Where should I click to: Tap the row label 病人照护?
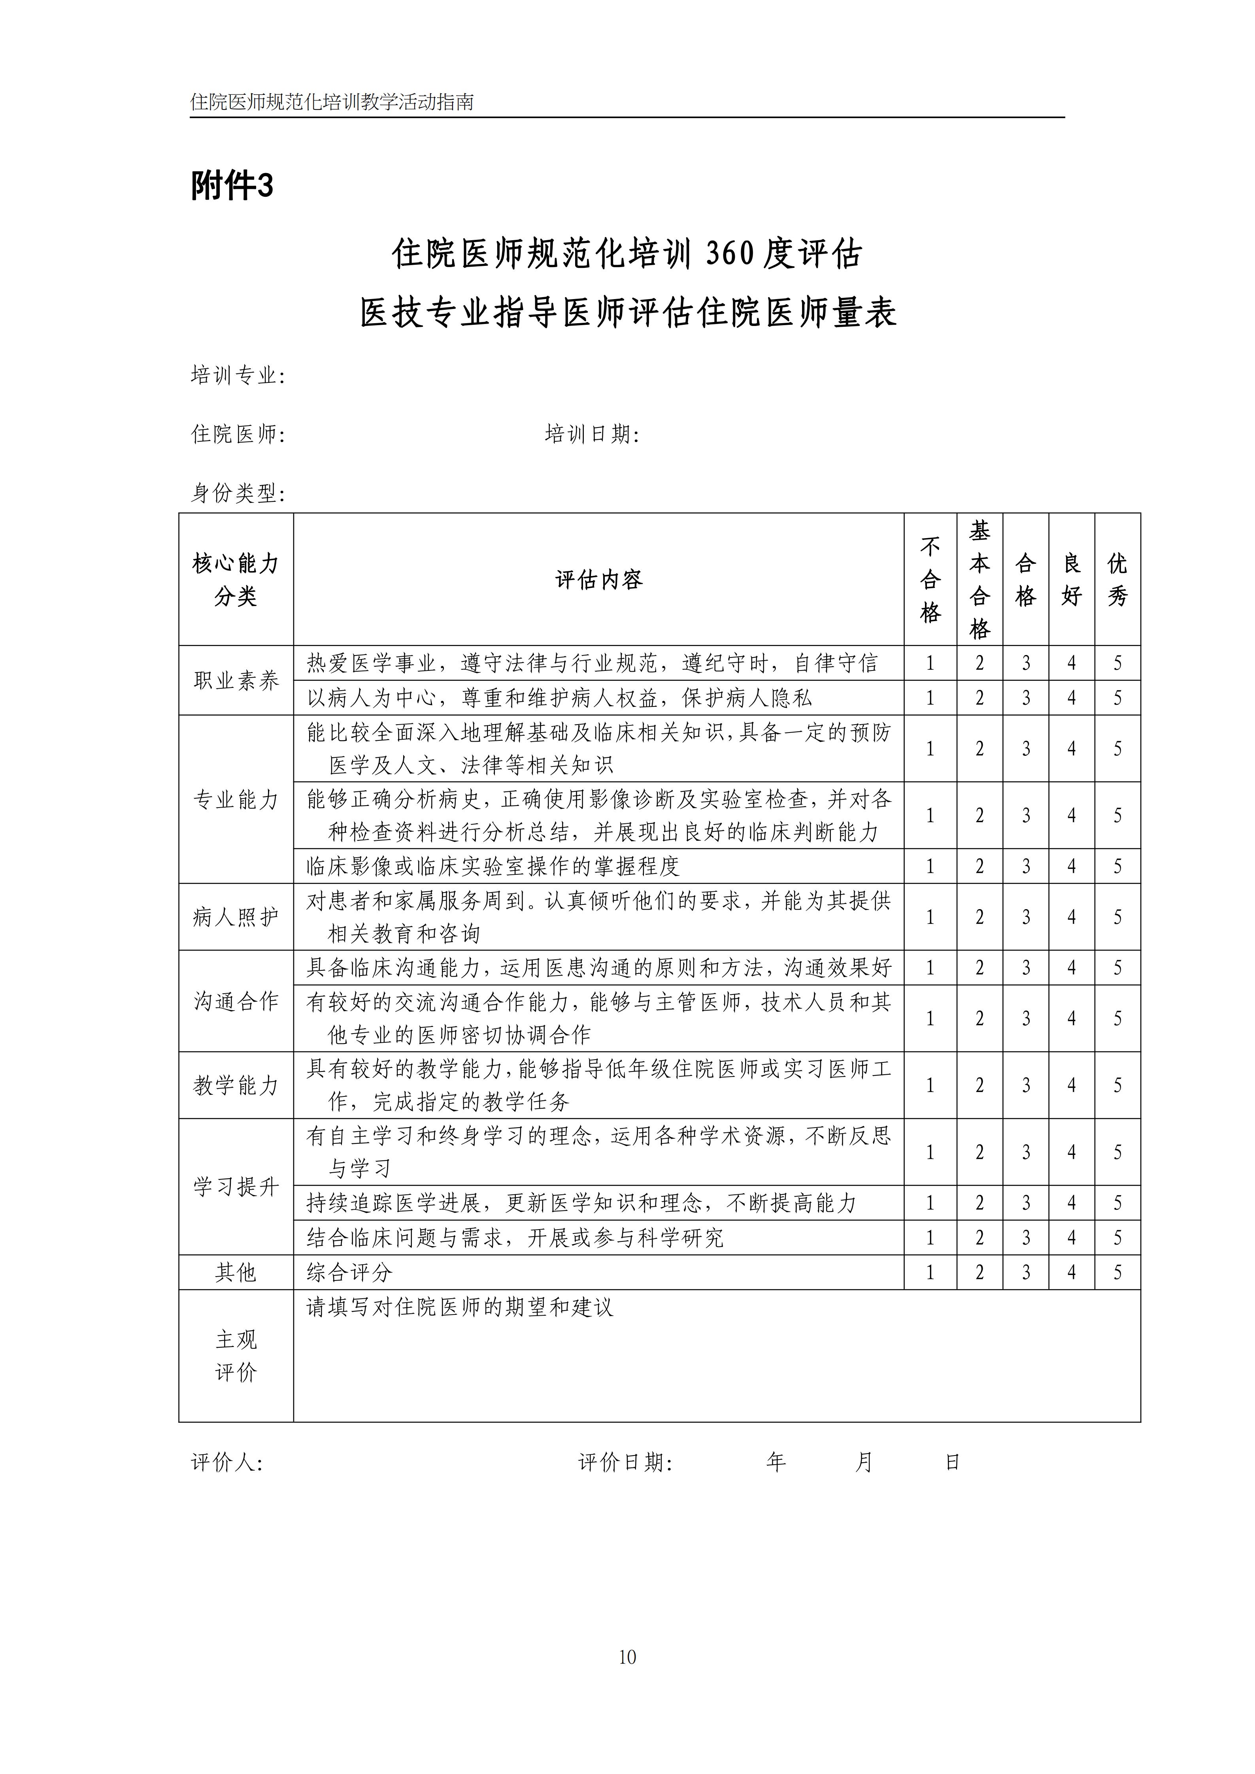pyautogui.click(x=236, y=917)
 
